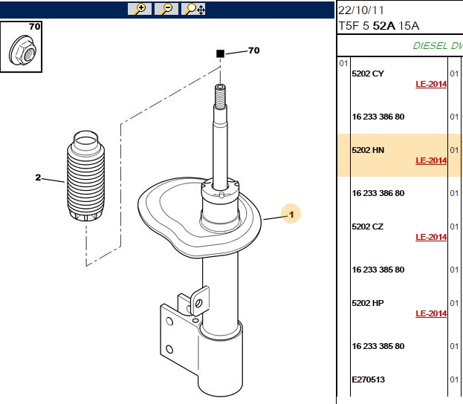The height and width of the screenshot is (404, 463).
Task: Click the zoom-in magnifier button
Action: tap(140, 9)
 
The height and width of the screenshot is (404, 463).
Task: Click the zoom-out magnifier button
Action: tap(166, 9)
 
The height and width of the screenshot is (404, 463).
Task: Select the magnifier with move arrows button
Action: tap(193, 9)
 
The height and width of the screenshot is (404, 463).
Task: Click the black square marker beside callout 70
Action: tap(220, 53)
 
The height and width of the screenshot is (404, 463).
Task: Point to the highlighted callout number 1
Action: tap(291, 214)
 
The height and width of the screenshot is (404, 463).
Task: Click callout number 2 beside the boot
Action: tap(38, 177)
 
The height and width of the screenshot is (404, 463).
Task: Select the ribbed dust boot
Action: tap(86, 176)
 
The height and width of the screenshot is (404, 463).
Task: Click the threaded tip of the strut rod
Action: tap(220, 96)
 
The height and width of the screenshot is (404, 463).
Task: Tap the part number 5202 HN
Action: tap(368, 150)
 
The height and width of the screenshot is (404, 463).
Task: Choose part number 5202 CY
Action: tap(368, 74)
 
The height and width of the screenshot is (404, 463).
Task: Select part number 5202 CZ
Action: tap(368, 227)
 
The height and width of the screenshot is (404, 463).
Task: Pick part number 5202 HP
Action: tap(368, 303)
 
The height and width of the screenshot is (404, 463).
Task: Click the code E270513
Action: tap(368, 379)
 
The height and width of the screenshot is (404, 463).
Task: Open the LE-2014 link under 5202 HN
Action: tap(431, 161)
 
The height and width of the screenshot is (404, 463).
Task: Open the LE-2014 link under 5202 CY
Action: tap(431, 85)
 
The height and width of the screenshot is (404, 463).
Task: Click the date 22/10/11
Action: tap(361, 10)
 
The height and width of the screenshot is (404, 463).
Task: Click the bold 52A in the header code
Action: tap(384, 26)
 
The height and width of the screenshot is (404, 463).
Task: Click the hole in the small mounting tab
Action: tap(198, 303)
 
